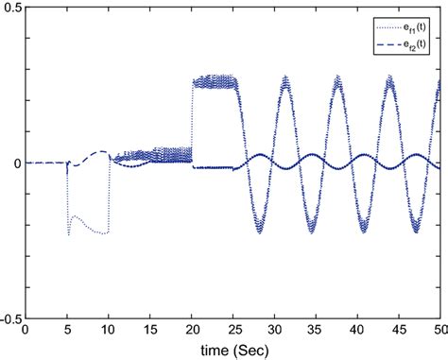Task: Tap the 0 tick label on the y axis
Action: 18,163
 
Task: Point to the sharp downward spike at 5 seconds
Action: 68,232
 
